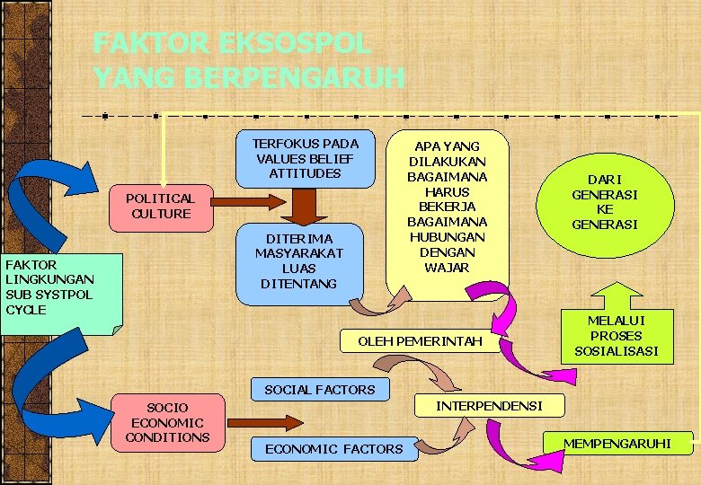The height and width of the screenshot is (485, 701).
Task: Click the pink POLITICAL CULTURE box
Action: pyautogui.click(x=160, y=206)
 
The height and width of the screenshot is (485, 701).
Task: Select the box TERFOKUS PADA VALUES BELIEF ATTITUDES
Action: pyautogui.click(x=305, y=159)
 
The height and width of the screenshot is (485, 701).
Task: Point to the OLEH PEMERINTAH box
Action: pyautogui.click(x=420, y=341)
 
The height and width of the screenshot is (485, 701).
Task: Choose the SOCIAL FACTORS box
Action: pyautogui.click(x=319, y=389)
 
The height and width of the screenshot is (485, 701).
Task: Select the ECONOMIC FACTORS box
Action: pyautogui.click(x=333, y=448)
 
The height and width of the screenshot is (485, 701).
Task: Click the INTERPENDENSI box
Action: pyautogui.click(x=489, y=406)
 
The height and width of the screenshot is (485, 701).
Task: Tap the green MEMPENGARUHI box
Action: pyautogui.click(x=617, y=443)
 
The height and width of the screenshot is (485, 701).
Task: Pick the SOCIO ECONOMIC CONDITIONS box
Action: pyautogui.click(x=167, y=422)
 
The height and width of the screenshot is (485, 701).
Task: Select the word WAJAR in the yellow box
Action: pyautogui.click(x=447, y=267)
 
